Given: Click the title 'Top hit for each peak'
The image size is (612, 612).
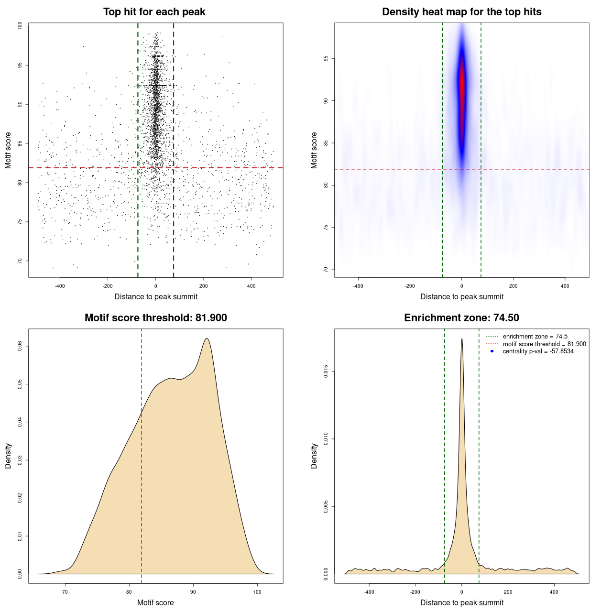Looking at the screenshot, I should pos(154,12).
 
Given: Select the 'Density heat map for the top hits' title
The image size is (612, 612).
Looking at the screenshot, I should pos(461,12).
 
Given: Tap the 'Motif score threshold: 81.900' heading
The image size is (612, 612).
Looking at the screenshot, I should pos(155,318).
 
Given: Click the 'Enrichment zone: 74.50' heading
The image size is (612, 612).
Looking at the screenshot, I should pos(461,318).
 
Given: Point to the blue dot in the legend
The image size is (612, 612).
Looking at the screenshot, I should pos(492,351).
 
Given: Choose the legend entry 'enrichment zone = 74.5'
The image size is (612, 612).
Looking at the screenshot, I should pos(535,337).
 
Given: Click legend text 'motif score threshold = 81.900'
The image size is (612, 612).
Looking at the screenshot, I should pos(544,344).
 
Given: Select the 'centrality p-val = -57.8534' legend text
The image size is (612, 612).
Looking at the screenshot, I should pos(538,351).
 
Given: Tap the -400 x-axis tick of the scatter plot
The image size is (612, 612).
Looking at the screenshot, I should pos(60,286).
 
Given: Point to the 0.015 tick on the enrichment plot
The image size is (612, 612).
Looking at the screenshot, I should pos(326,372).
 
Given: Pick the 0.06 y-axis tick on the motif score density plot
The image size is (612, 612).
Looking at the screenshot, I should pos(20,346).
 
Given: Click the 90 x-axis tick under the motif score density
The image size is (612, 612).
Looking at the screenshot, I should pos(193,592).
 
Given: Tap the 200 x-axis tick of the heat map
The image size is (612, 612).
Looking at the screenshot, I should pos(513,286).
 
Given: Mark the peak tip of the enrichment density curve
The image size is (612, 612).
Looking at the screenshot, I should pos(462,339).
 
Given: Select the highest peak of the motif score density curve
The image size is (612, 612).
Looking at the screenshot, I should pos(207,339).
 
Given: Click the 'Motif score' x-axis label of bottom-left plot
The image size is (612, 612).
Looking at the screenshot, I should pos(155,602).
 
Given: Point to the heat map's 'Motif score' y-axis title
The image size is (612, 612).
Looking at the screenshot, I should pos(314,150).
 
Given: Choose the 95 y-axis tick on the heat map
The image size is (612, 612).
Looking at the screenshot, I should pos(326,58).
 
